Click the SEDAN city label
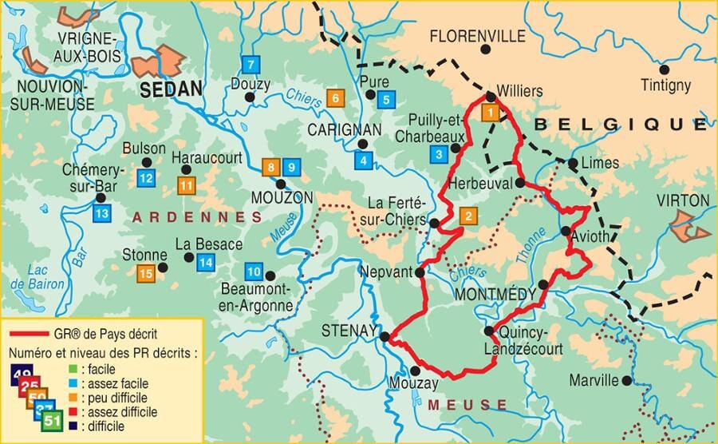click(x=170, y=89)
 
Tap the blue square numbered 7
click(x=251, y=65)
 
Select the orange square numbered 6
click(x=335, y=99)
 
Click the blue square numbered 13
click(x=101, y=213)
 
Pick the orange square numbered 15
click(x=145, y=274)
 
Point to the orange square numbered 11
click(x=187, y=185)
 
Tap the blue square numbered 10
click(x=254, y=270)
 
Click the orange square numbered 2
click(x=468, y=215)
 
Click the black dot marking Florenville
click(x=484, y=50)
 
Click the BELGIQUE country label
click(x=620, y=124)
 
